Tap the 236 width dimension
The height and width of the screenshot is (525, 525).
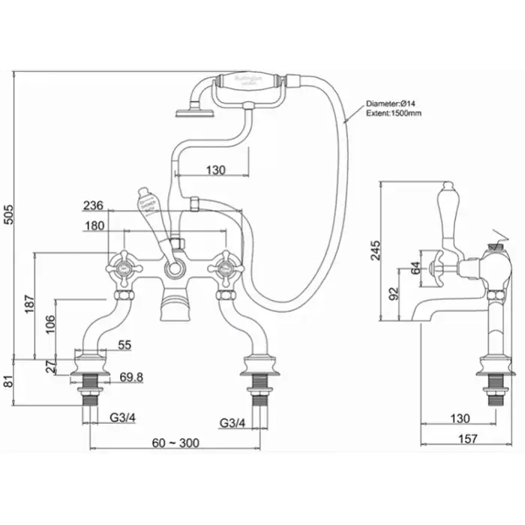94,205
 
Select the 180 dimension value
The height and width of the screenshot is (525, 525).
94,226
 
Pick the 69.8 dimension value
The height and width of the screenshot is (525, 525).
130,376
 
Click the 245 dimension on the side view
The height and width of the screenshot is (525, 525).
376,251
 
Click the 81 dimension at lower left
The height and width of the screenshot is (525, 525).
8,380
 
